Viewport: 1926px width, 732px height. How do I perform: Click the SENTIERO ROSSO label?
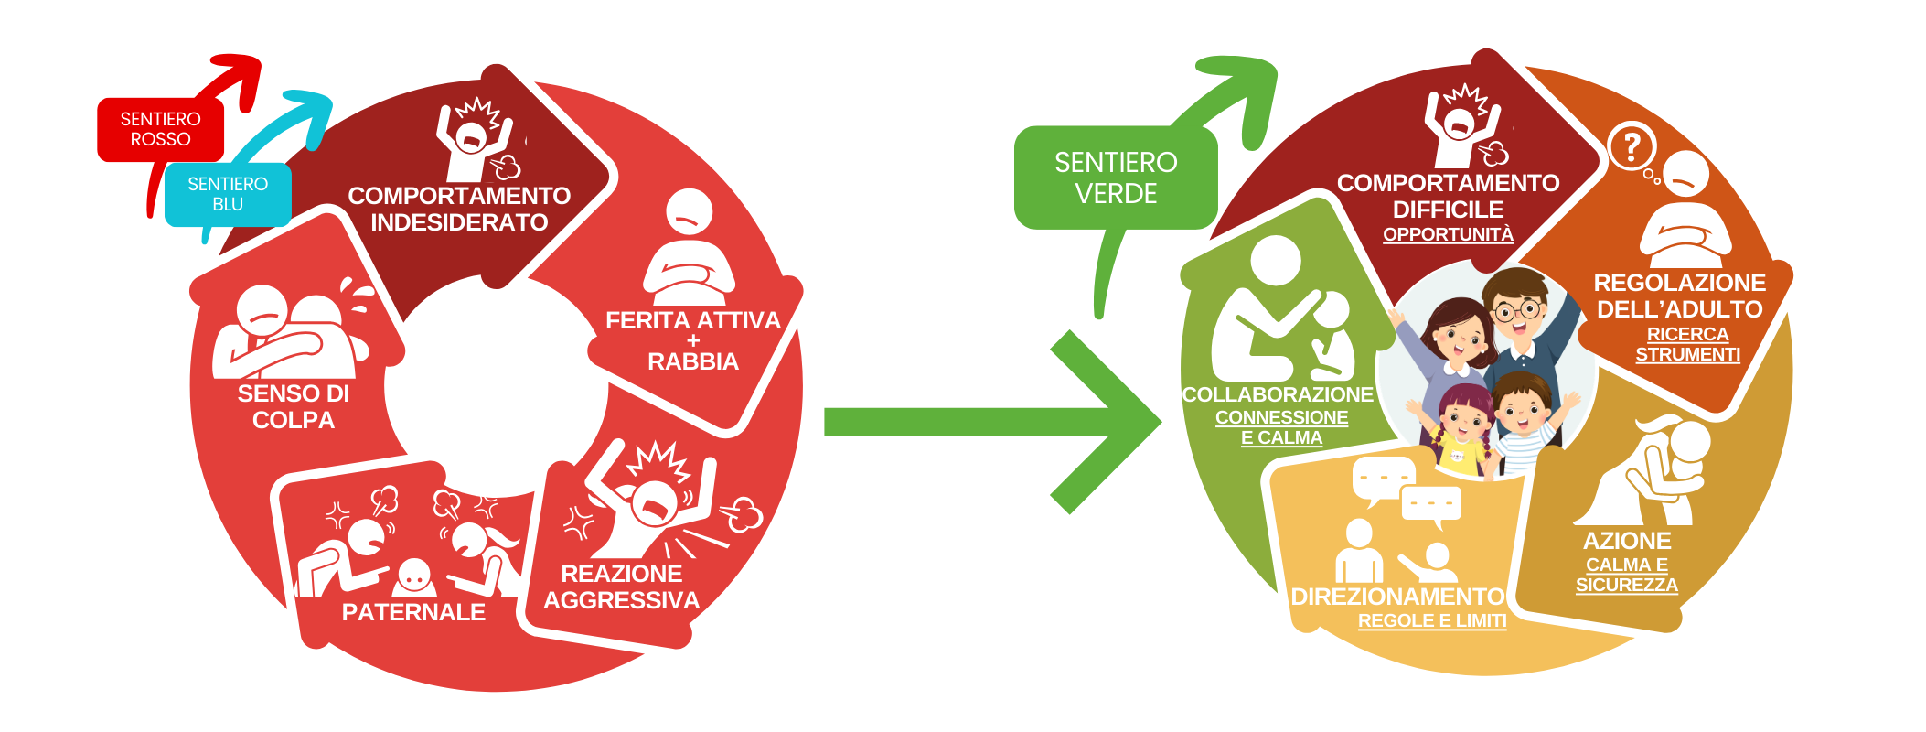(x=160, y=129)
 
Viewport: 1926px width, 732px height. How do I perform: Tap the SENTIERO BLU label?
(x=228, y=194)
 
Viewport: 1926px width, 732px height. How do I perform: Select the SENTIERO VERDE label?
(x=1116, y=178)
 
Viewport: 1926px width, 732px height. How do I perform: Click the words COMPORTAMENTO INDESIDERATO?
(x=459, y=210)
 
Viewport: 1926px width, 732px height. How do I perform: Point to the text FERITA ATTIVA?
(x=693, y=321)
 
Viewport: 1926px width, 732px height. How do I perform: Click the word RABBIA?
(x=693, y=362)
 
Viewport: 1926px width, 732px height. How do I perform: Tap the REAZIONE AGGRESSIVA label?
(x=622, y=587)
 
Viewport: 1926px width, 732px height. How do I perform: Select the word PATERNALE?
(x=413, y=613)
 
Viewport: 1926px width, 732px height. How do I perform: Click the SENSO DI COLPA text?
(x=294, y=407)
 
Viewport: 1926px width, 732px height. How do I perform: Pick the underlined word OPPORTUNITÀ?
(x=1448, y=235)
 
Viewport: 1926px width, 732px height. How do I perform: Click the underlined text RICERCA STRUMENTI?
(x=1687, y=345)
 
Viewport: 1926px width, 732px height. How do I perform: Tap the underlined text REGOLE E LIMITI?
(x=1432, y=621)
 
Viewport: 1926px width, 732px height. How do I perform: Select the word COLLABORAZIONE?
(x=1278, y=395)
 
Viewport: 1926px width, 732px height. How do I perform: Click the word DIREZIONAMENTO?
(x=1397, y=597)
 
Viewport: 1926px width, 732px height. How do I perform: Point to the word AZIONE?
(x=1627, y=542)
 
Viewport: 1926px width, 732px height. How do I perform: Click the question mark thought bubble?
(x=1632, y=146)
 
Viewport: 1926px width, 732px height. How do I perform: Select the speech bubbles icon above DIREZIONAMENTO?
(x=1406, y=491)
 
